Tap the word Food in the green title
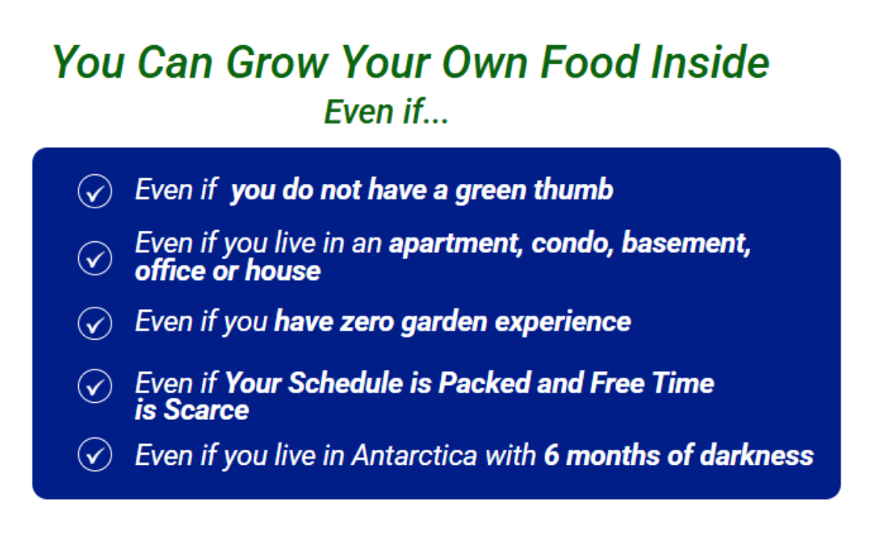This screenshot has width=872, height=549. coord(589,61)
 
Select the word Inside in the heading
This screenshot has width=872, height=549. coord(711,61)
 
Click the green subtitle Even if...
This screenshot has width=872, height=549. coord(386,111)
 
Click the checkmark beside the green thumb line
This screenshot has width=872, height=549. coord(95,191)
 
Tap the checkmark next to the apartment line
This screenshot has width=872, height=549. coord(95,258)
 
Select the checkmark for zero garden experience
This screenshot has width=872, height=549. coord(95,323)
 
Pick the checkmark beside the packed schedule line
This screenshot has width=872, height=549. coord(95,385)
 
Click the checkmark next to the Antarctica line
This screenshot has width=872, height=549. coord(95,455)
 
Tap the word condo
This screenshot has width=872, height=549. coord(572,244)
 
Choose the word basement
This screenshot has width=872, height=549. coord(686,244)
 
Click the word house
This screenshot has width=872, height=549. coord(283,271)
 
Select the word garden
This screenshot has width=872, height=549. coord(444,323)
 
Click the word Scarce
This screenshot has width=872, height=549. coord(207,410)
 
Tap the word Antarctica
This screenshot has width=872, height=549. coord(415,455)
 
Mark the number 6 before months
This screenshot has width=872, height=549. coord(551,455)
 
